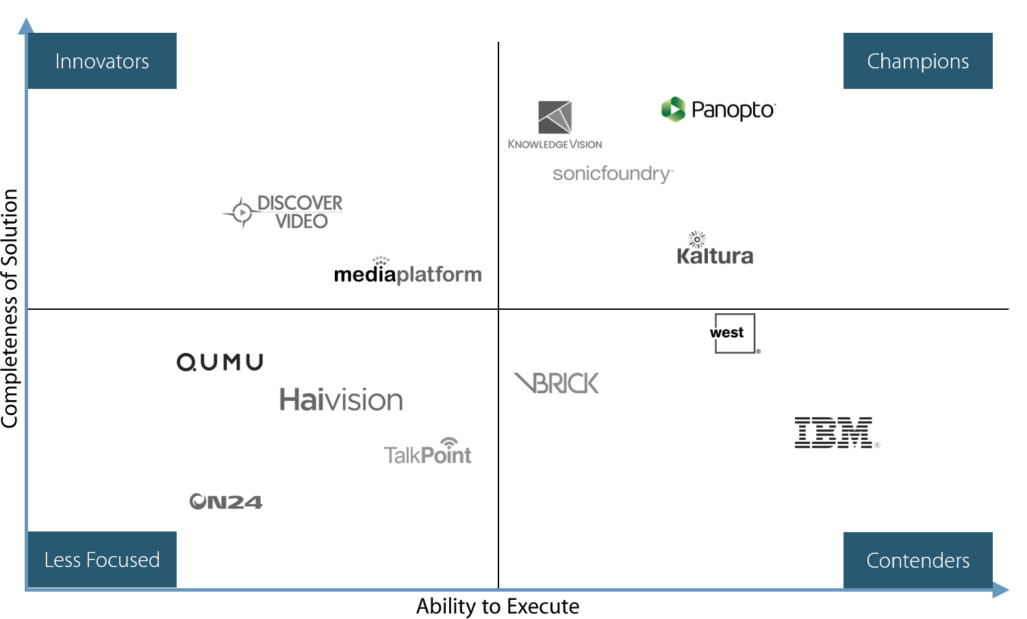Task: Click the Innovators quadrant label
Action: pos(101,61)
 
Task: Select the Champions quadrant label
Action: pos(917,61)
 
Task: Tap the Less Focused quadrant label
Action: pos(101,559)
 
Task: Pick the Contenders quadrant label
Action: pos(917,560)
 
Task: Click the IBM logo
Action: pos(836,432)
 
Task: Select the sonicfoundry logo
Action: pos(613,174)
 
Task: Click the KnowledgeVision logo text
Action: pos(555,144)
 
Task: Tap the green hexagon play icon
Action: pos(674,109)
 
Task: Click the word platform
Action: pos(439,274)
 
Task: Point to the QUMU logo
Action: pos(220,362)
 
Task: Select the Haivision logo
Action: pos(341,400)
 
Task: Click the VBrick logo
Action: pos(557,383)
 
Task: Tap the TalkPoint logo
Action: pos(428,453)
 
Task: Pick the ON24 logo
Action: pos(226,502)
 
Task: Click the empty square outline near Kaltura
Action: pos(735,333)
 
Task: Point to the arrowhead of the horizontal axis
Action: pos(1002,590)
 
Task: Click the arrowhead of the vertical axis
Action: pos(26,26)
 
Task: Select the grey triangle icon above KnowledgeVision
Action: pos(555,117)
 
